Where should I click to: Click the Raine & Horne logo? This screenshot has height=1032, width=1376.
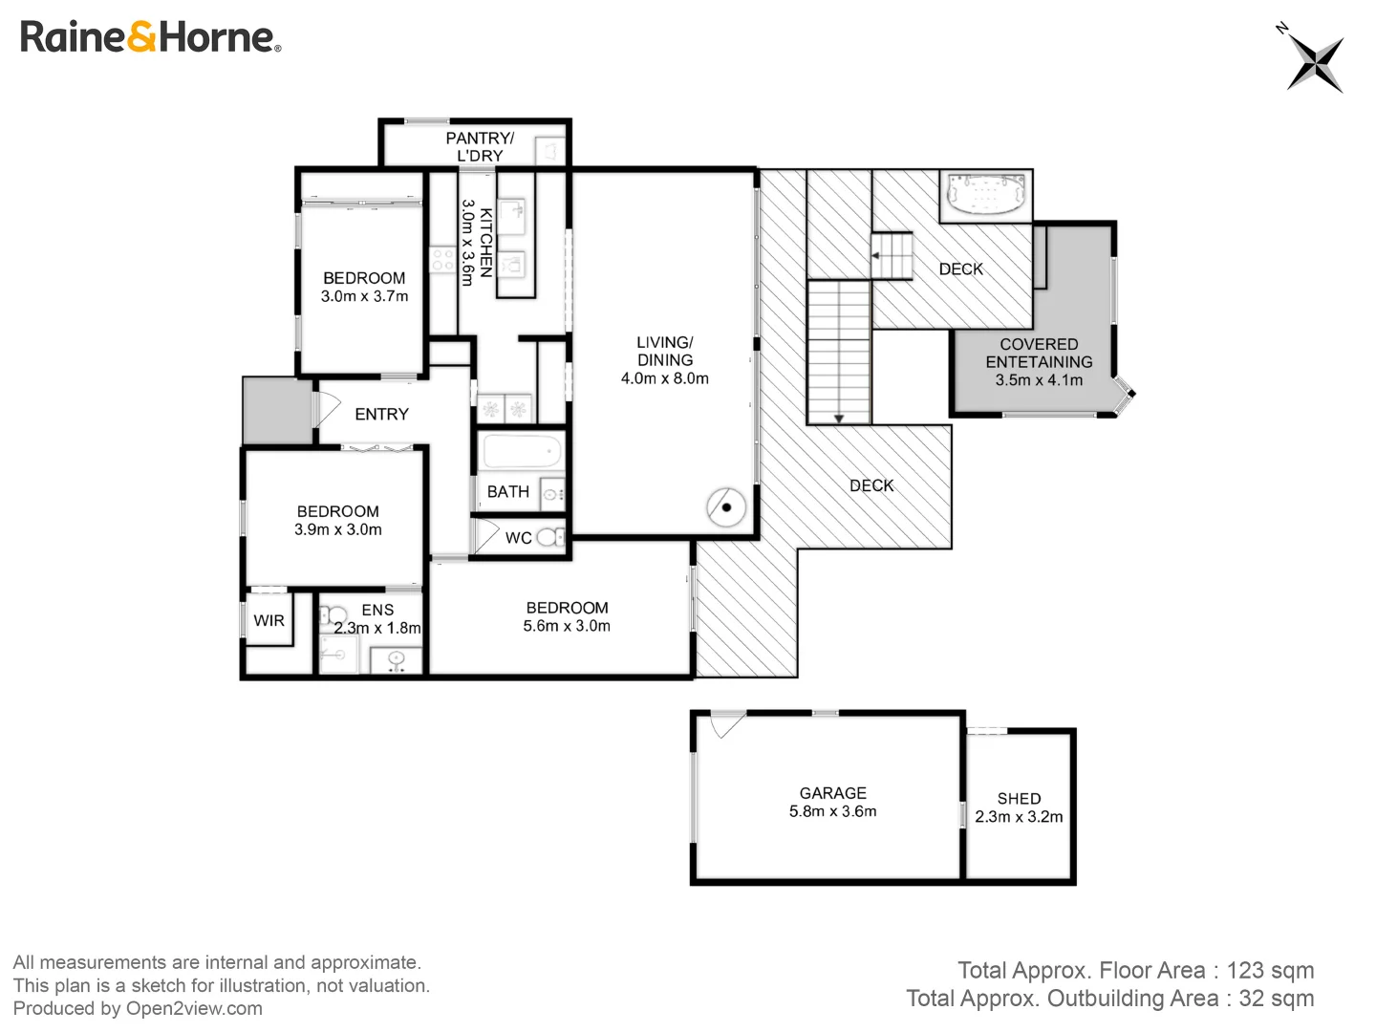(x=150, y=37)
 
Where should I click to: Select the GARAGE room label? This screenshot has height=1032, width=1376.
(x=832, y=793)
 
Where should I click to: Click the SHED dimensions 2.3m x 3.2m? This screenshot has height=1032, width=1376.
(x=1019, y=817)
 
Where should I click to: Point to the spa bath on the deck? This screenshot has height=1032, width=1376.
(x=985, y=195)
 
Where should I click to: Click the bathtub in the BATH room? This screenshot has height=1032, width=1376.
(x=521, y=451)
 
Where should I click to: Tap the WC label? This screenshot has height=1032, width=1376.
(x=519, y=538)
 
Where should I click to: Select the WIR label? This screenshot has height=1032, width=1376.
(x=269, y=620)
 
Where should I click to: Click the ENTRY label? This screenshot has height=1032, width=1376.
(x=381, y=414)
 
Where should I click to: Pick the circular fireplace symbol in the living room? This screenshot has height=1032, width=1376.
(x=726, y=506)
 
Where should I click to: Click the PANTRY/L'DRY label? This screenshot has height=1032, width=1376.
(x=480, y=146)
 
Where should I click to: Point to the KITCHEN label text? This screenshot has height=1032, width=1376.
(x=486, y=243)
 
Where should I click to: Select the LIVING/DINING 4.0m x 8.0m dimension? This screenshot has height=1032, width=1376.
(x=665, y=378)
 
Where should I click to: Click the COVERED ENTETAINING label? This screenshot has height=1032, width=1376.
(x=1039, y=353)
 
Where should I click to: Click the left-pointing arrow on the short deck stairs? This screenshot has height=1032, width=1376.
(x=875, y=256)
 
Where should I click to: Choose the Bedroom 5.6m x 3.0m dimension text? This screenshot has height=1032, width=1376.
(x=567, y=626)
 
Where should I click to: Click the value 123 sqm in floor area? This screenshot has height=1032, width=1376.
(x=1270, y=970)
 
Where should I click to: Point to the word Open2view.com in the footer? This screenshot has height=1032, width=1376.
(x=194, y=1008)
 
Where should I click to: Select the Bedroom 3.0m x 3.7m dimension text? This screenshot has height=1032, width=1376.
(x=364, y=296)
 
